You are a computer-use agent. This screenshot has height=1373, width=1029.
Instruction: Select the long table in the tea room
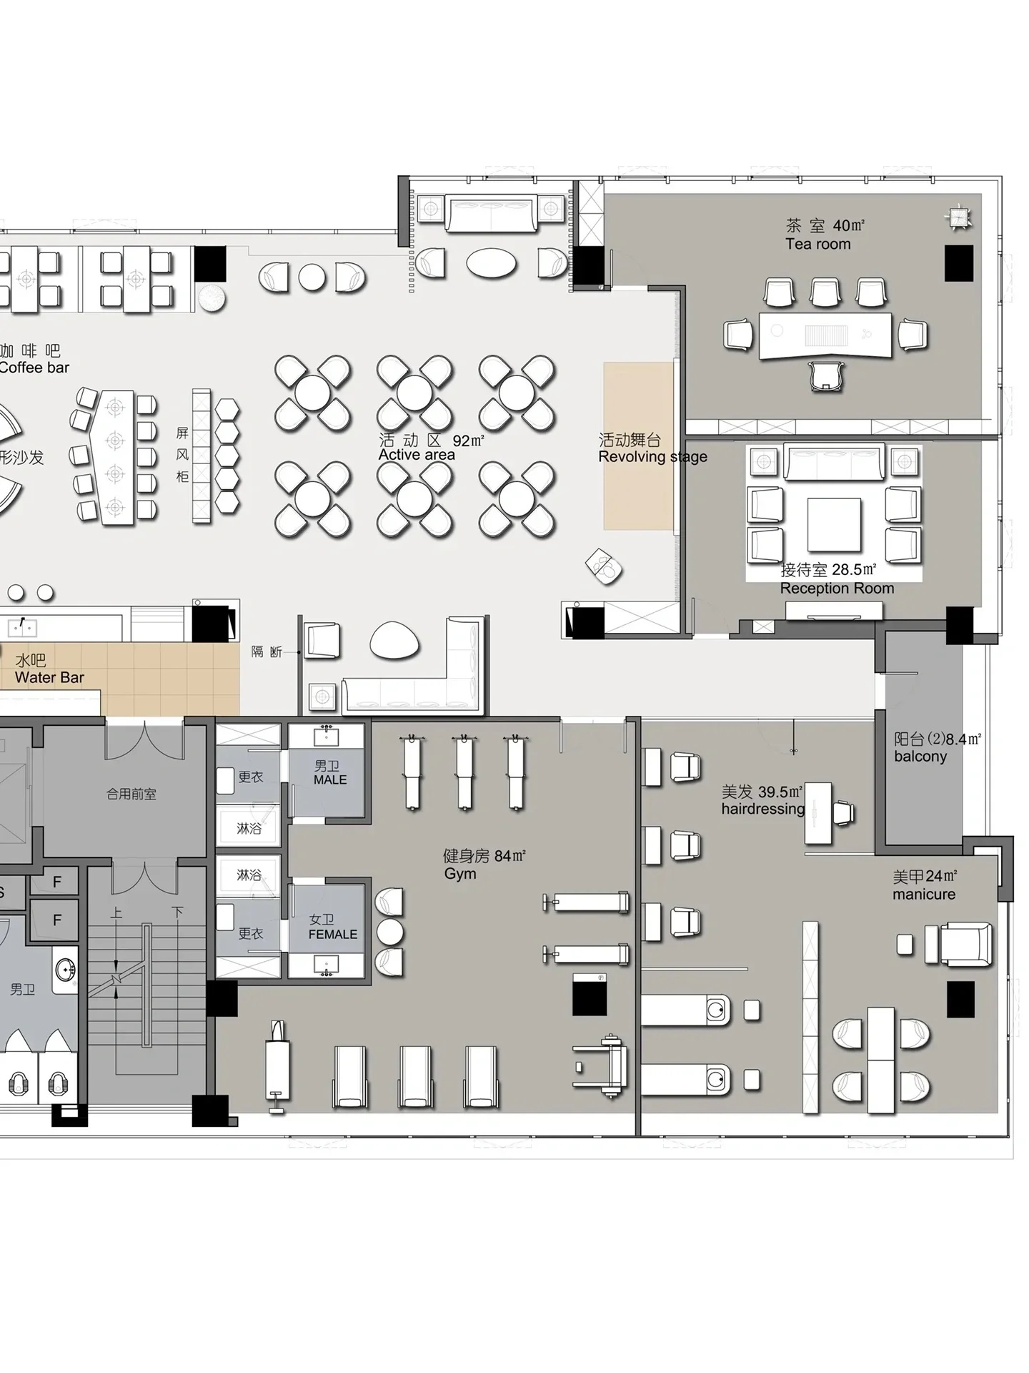click(x=825, y=334)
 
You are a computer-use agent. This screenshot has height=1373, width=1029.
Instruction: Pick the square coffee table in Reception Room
click(x=834, y=525)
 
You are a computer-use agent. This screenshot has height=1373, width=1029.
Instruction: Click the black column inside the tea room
click(x=959, y=263)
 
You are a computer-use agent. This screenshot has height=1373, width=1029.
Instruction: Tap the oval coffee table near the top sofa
click(x=492, y=262)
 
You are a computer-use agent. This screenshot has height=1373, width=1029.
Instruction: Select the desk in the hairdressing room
click(x=819, y=814)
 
